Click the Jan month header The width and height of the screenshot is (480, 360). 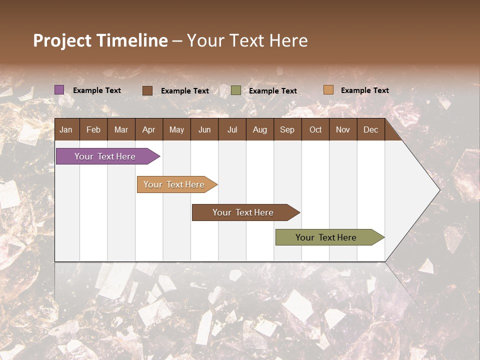pos(66,129)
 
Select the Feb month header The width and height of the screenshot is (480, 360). pos(93,129)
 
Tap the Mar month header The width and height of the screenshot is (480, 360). pos(121,129)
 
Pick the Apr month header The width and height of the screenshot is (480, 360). pos(148,129)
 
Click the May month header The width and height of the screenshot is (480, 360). pos(176,129)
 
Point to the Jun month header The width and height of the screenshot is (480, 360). pos(204,129)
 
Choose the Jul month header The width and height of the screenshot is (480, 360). pos(232,129)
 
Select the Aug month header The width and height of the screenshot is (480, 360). pos(259,129)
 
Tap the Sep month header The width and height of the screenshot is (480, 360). pos(287,129)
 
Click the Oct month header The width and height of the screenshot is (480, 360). pos(315,129)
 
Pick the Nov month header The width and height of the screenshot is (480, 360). pos(343,129)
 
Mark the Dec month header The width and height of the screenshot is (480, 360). pos(370,129)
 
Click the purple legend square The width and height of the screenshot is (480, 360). pos(59,90)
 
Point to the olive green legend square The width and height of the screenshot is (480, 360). pos(236,90)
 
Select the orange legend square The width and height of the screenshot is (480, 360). pos(328,90)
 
